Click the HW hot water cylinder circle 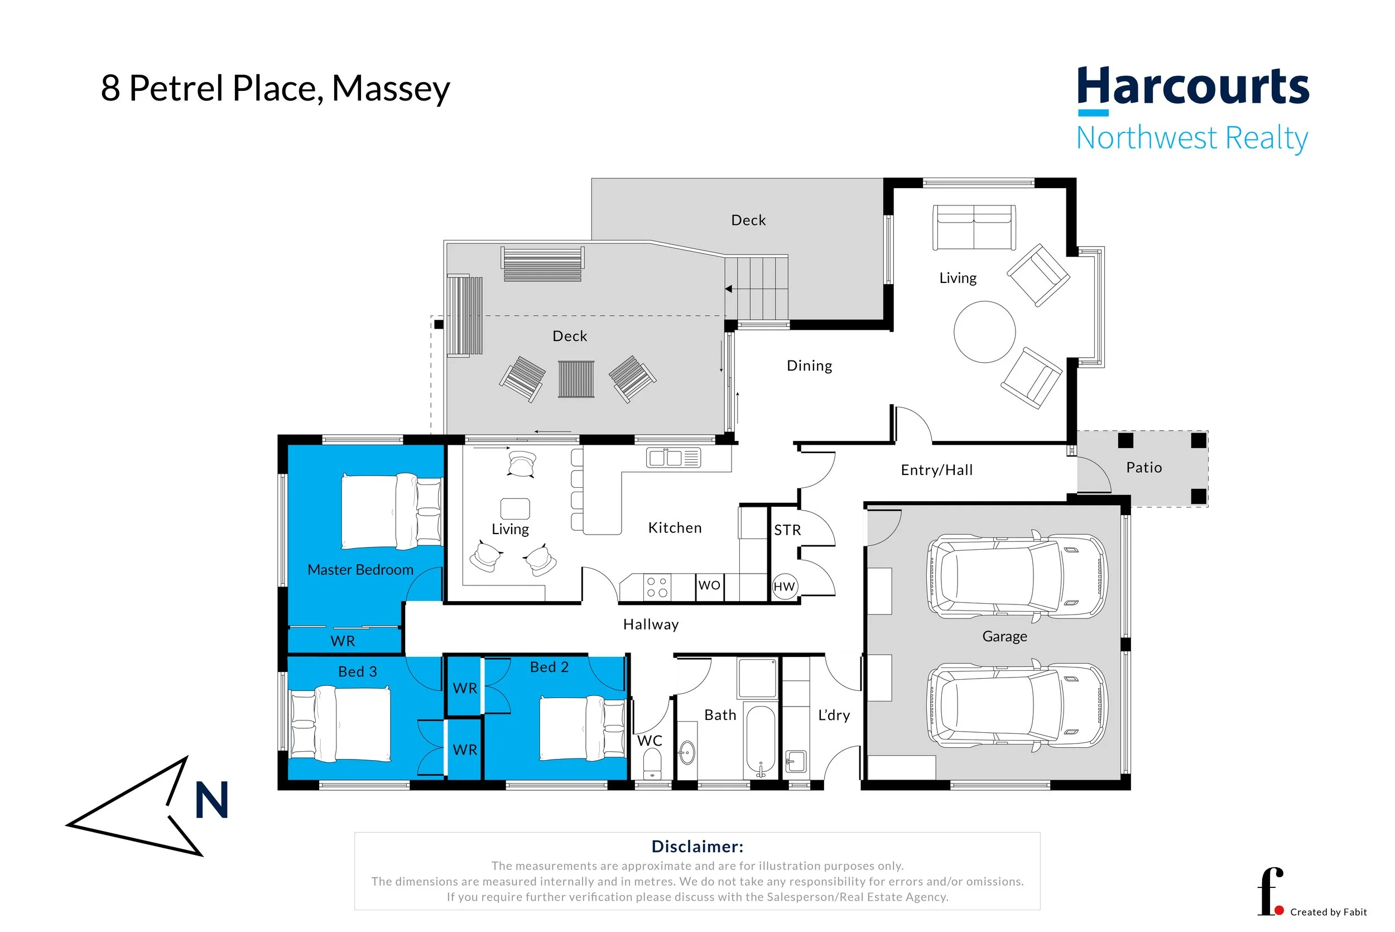click(784, 587)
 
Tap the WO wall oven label click(709, 585)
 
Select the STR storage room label click(787, 530)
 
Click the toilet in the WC click(652, 763)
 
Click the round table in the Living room click(984, 332)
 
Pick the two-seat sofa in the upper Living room click(974, 228)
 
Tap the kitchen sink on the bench click(673, 458)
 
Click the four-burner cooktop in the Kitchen click(657, 587)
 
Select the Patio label click(1144, 468)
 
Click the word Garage click(1004, 637)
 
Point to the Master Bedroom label click(360, 569)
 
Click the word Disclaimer click(697, 847)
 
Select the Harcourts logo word click(1193, 87)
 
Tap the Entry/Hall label click(936, 470)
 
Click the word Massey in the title click(391, 89)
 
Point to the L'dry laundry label click(834, 715)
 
